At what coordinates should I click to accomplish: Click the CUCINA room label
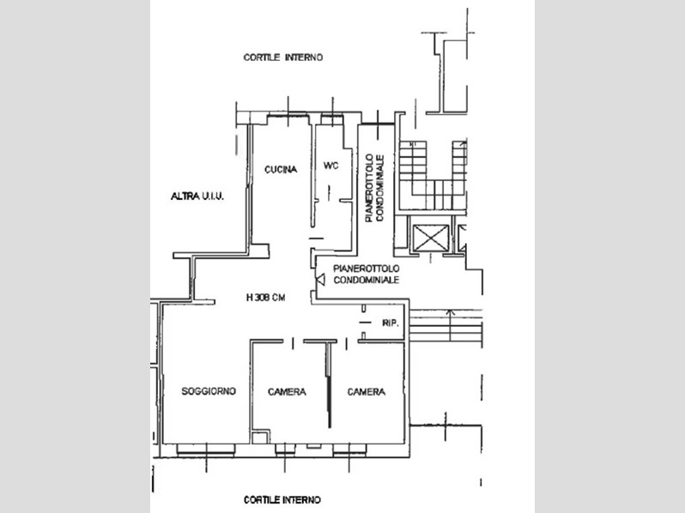pos(281,169)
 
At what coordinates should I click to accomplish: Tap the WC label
pos(330,166)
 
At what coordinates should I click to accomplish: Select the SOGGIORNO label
pos(209,391)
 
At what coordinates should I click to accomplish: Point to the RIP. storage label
pos(391,323)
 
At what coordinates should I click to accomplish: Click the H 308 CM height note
pos(265,298)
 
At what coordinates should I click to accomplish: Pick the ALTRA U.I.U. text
pos(197,196)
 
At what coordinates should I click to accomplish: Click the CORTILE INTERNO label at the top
pos(283,57)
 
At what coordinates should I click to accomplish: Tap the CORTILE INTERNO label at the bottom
pos(282,500)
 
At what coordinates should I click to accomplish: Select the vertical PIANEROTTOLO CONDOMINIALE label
pos(375,188)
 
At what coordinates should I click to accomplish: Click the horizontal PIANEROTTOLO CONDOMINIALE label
pos(366,275)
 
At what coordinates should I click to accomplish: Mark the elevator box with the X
pos(431,238)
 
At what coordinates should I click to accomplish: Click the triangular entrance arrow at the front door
pos(320,280)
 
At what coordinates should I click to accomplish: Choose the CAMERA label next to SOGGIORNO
pos(287,392)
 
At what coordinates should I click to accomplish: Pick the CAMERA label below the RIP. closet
pos(366,392)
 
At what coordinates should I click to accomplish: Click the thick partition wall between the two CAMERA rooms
pos(329,384)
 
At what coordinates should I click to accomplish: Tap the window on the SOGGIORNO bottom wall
pos(206,450)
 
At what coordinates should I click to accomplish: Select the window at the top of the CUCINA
pos(288,116)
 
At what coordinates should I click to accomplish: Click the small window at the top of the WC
pos(332,118)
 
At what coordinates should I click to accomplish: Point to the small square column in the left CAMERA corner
pos(260,438)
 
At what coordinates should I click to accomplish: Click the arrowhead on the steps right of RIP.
pos(451,311)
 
